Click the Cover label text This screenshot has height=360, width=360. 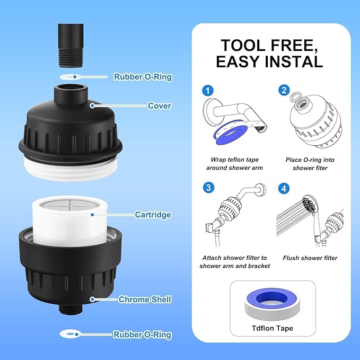tap(159, 106)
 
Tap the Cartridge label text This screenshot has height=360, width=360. tap(152, 215)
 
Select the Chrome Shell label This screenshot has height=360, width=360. tap(145, 300)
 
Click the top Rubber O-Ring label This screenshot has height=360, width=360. tap(143, 77)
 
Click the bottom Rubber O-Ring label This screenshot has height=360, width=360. tap(142, 335)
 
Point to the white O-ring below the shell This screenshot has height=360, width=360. tap(70, 334)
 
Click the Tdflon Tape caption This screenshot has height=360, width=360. tap(273, 328)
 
